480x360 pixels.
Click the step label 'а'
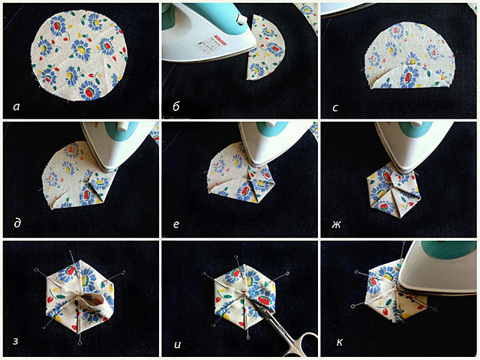click(16, 106)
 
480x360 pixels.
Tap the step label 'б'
click(176, 106)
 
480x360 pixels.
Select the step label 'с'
click(335, 108)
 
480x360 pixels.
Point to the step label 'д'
click(17, 223)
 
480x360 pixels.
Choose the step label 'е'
click(176, 224)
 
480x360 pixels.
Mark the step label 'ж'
click(336, 225)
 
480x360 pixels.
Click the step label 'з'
click(15, 341)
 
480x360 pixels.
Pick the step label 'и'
click(177, 344)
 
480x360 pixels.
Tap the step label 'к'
click(340, 342)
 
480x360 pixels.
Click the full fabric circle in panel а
click(79, 55)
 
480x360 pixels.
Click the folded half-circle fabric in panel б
click(265, 47)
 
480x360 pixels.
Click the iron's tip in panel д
click(106, 168)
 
